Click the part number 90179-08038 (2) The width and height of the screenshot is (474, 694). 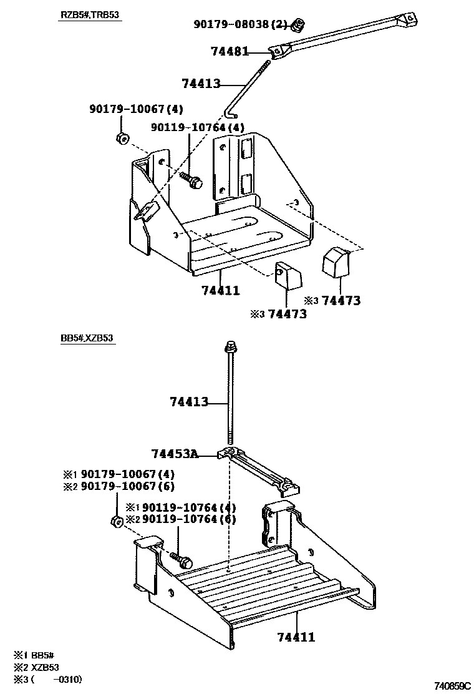click(240, 24)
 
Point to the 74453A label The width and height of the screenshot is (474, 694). click(175, 454)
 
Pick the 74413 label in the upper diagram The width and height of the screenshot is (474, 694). click(201, 83)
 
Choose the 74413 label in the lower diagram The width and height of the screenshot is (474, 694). click(189, 403)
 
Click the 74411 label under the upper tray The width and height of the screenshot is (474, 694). click(220, 290)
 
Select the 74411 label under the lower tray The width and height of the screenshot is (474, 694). click(296, 637)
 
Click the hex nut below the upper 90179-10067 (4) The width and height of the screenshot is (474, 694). click(122, 138)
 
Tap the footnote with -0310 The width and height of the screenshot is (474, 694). click(47, 679)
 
